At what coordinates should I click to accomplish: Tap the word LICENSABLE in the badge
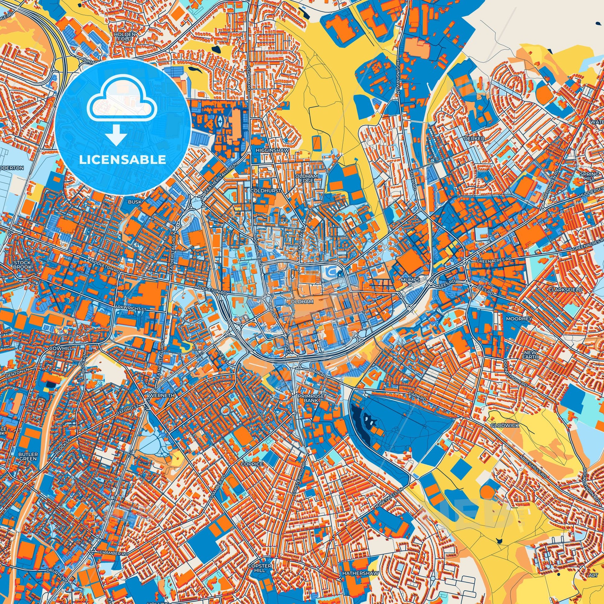coord(123,160)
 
